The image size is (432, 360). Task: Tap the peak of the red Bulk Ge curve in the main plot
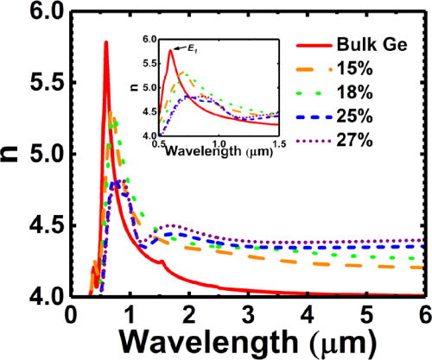click(x=105, y=42)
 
